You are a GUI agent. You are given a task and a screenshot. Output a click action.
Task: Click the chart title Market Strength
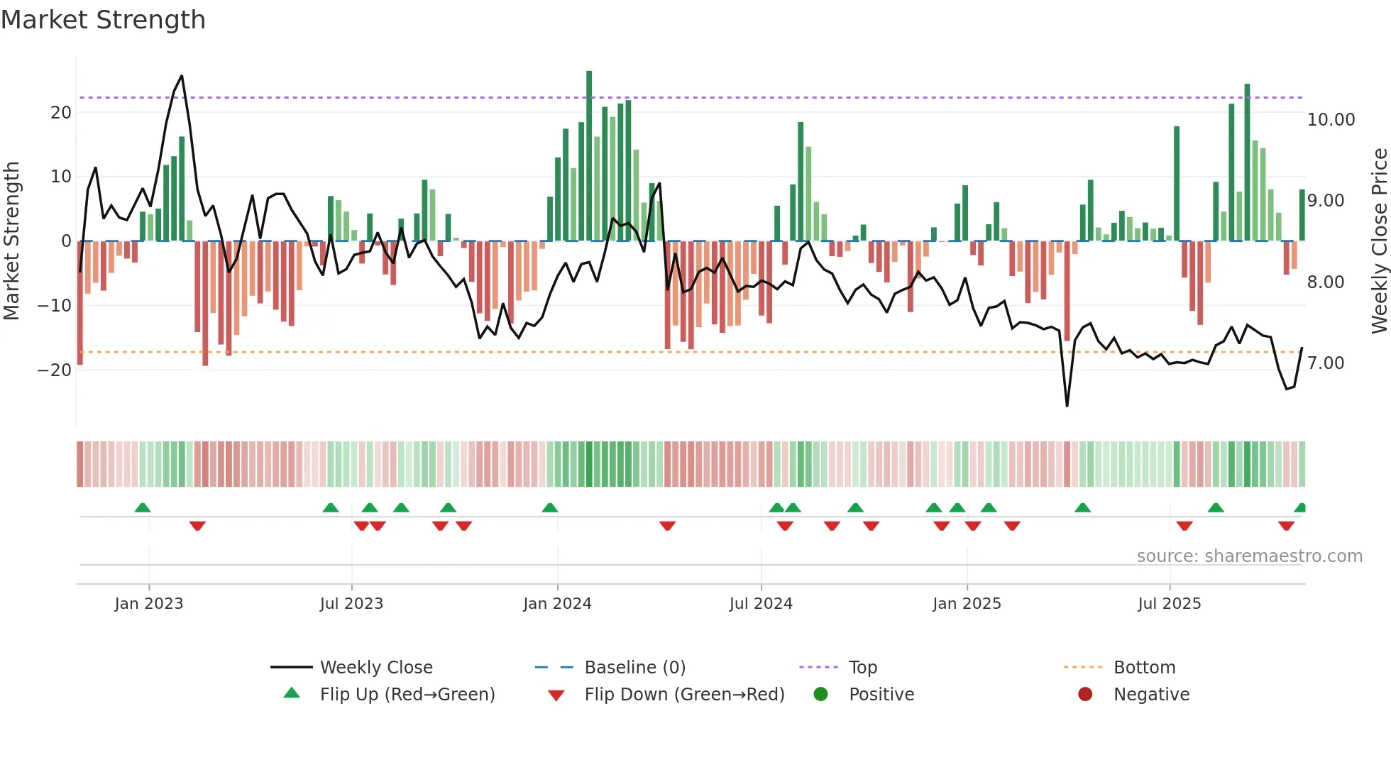click(x=103, y=20)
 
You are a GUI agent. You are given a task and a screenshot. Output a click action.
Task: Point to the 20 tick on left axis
click(x=61, y=112)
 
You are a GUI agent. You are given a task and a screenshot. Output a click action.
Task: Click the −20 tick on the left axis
click(x=55, y=370)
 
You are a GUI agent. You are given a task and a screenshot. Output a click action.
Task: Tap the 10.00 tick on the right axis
click(x=1331, y=119)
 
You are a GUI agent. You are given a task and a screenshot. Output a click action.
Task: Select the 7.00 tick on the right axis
click(x=1326, y=363)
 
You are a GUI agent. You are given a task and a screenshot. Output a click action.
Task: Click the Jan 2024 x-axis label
click(x=557, y=603)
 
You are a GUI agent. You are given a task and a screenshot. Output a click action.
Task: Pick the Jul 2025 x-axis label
click(x=1169, y=603)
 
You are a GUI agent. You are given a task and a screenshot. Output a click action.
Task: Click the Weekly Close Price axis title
click(x=1379, y=241)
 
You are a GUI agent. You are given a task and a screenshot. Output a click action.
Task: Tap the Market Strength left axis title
click(x=11, y=241)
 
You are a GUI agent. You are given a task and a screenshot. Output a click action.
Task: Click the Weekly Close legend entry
click(x=375, y=667)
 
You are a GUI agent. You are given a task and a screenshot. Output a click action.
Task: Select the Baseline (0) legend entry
click(x=634, y=667)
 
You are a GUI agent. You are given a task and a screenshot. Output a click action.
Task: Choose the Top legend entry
click(x=862, y=667)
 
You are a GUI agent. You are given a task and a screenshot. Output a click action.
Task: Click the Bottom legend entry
click(x=1144, y=667)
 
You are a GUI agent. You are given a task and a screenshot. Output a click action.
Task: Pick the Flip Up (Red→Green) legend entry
click(x=407, y=694)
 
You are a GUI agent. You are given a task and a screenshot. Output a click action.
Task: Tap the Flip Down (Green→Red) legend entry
click(x=683, y=694)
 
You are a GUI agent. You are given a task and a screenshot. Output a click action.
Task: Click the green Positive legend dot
click(x=820, y=694)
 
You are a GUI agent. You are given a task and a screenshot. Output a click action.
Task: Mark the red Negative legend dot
click(x=1084, y=694)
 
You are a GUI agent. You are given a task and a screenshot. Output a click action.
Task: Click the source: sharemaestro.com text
click(x=1249, y=556)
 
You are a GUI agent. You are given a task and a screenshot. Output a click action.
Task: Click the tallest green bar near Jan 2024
click(x=589, y=156)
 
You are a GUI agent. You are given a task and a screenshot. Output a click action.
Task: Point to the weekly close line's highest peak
click(x=182, y=76)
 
